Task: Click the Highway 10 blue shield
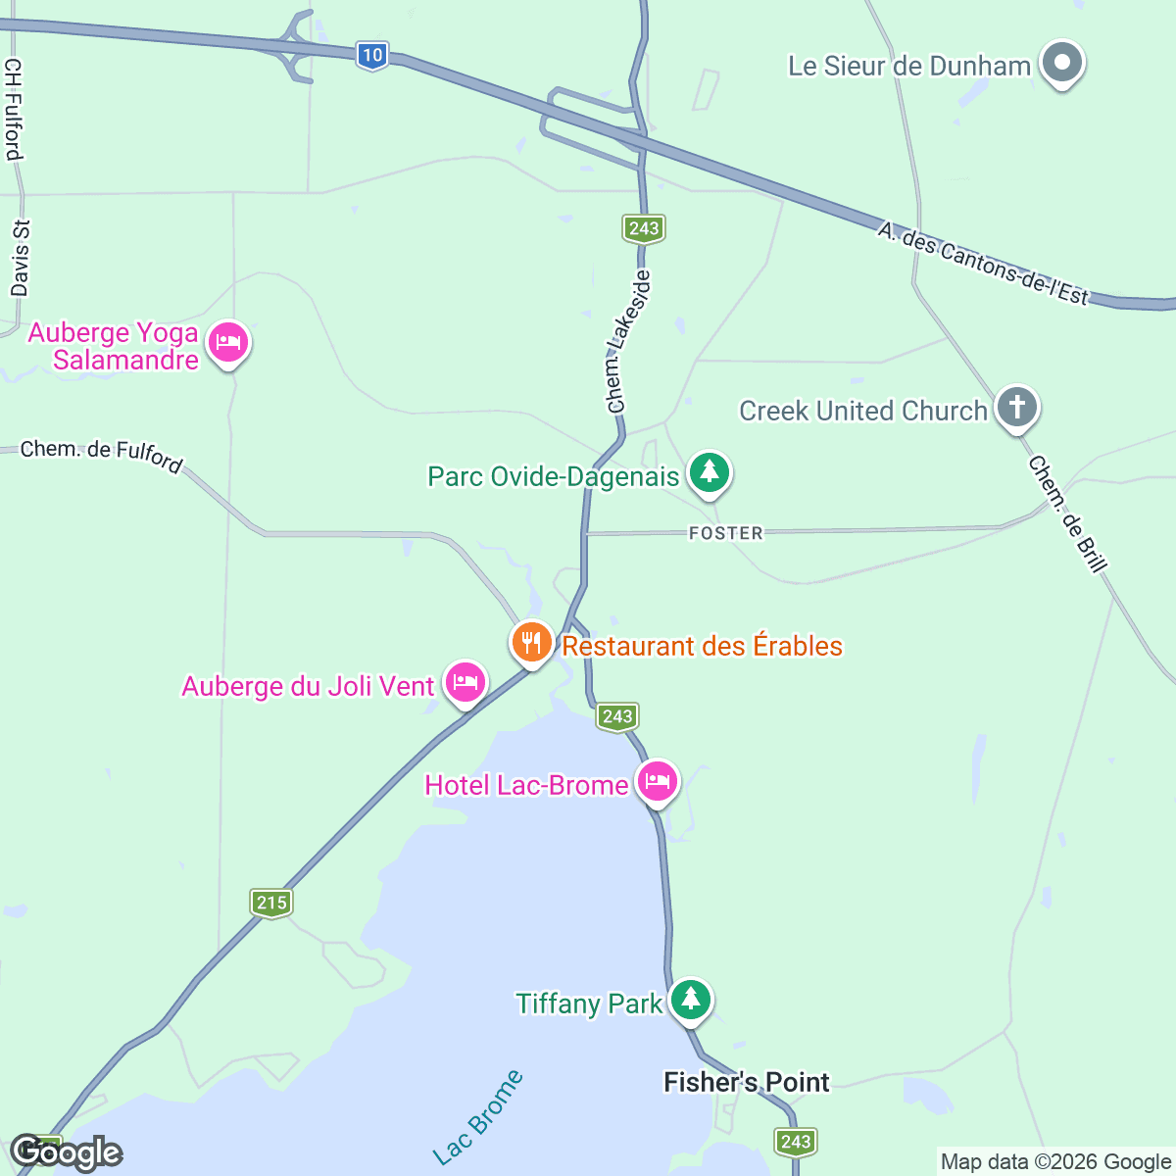[371, 55]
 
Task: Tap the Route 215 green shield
[271, 903]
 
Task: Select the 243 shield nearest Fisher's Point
[796, 1141]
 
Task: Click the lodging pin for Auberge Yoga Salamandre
[228, 344]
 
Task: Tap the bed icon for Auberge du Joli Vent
[465, 681]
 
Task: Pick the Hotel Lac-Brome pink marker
[658, 781]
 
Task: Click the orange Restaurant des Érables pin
[531, 643]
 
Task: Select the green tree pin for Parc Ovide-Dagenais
[710, 473]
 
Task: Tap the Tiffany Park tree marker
[691, 1000]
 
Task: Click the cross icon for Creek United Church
[1017, 407]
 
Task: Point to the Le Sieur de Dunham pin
[1061, 64]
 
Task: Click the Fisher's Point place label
[747, 1082]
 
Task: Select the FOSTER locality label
[725, 533]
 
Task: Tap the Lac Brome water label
[478, 1118]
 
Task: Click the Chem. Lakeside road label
[628, 342]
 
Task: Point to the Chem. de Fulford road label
[102, 455]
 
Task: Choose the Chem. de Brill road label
[1068, 514]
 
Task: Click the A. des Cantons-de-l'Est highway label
[983, 263]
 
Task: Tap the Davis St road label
[21, 258]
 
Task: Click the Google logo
[67, 1152]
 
